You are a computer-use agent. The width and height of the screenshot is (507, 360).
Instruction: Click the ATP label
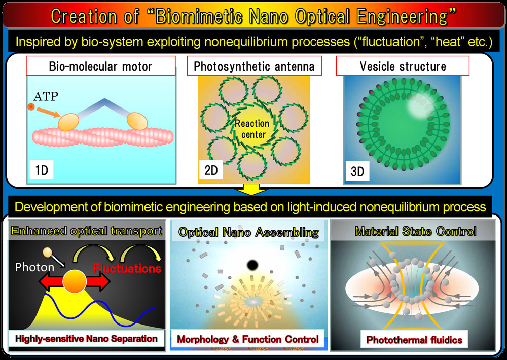click(46, 96)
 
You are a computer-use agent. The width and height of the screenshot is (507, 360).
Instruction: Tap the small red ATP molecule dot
click(31, 106)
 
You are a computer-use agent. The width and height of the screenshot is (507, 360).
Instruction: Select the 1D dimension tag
click(42, 170)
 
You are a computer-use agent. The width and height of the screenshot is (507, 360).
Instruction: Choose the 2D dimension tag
click(211, 170)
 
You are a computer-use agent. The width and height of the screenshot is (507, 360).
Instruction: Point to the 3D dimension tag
click(357, 171)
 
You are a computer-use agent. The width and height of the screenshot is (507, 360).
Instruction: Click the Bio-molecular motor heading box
click(101, 66)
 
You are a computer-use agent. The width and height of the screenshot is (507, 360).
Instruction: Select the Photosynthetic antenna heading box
click(254, 66)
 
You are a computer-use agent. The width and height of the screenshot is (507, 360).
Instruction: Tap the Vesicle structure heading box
click(403, 66)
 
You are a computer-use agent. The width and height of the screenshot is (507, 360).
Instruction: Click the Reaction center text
click(252, 129)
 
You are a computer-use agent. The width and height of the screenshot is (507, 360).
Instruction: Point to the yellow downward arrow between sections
click(251, 190)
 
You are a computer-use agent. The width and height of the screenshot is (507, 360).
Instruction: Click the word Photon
click(35, 267)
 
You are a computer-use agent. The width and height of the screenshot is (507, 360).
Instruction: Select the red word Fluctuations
click(127, 268)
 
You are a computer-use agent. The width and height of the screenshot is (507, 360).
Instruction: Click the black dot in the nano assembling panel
click(252, 265)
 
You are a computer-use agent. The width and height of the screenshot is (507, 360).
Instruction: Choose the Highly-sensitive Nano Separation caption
click(86, 339)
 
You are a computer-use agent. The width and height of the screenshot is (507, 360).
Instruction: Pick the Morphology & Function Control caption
click(248, 339)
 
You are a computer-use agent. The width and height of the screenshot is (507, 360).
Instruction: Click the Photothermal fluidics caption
click(414, 340)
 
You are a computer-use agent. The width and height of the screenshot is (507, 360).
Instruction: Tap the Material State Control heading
click(416, 231)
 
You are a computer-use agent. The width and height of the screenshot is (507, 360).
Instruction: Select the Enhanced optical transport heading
click(87, 231)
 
